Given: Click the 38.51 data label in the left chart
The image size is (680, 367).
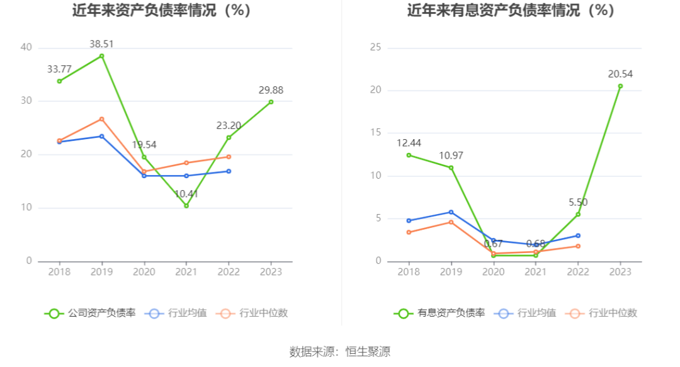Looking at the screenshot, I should click(x=101, y=44).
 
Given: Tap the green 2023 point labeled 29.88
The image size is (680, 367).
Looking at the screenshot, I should click(x=271, y=102).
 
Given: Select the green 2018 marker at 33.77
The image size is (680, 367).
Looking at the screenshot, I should click(x=59, y=81).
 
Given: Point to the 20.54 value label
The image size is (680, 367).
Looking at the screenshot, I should click(x=620, y=74).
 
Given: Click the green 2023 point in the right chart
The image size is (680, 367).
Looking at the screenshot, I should click(x=620, y=86).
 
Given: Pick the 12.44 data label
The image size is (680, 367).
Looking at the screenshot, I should click(x=409, y=143).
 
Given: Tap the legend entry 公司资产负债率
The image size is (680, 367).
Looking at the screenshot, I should click(x=90, y=313).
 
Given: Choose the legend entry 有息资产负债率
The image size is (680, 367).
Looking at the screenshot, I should click(x=439, y=313).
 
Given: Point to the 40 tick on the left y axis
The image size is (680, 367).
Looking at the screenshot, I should click(x=26, y=47).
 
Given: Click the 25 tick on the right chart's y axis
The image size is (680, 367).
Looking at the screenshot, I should click(x=377, y=47).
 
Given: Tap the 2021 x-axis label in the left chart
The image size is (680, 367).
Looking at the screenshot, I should click(x=186, y=272).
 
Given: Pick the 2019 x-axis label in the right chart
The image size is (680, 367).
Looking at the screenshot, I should click(x=451, y=272).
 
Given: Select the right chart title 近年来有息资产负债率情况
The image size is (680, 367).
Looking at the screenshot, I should click(x=510, y=11).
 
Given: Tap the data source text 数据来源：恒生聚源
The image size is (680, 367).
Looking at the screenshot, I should click(x=340, y=351).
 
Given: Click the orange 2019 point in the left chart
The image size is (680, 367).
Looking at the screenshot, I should click(x=101, y=119).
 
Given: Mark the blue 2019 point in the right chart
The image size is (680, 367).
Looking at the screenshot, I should click(x=451, y=212).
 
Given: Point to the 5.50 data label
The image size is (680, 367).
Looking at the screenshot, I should click(x=578, y=203).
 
